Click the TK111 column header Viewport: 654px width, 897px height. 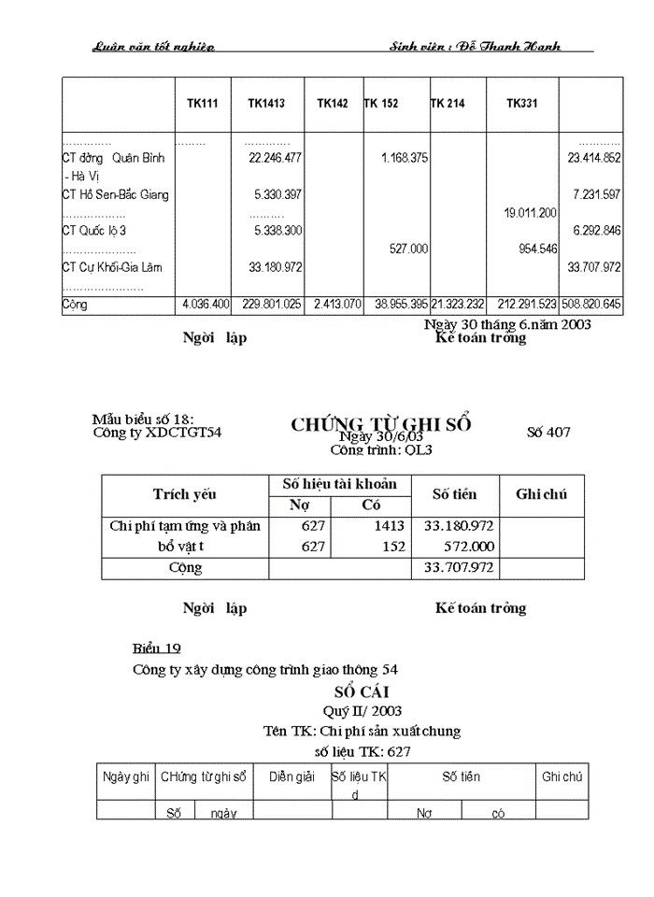203,104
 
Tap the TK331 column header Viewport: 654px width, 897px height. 521,104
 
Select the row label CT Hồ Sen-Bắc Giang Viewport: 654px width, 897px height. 115,195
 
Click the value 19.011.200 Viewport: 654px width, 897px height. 530,213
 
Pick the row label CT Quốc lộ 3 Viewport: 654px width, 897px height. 94,231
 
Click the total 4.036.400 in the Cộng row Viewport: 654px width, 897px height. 203,305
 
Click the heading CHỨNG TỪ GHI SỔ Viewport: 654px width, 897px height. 380,424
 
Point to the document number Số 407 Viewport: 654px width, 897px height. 548,432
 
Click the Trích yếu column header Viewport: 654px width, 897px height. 184,494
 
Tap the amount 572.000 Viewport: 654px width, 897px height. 469,547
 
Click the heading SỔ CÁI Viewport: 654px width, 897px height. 354,691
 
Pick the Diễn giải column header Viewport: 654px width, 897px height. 291,776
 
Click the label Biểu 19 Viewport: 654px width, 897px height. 156,648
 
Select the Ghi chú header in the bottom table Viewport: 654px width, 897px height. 562,776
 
